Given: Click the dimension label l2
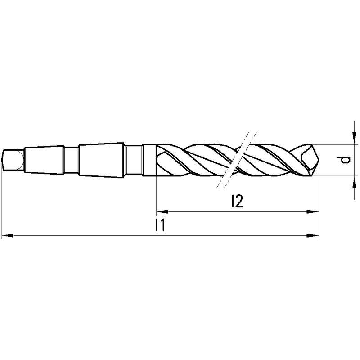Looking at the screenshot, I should [x=236, y=202].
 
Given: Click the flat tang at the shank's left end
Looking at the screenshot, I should [x=11, y=160].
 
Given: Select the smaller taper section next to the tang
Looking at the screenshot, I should [x=43, y=160].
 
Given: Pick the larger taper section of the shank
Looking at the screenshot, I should [x=100, y=160].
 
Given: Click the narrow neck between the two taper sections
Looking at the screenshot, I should [x=70, y=160].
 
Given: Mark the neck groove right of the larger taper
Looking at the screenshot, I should [x=133, y=160].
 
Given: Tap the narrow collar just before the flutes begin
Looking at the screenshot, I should [x=149, y=160].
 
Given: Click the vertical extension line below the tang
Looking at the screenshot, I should [x=2, y=202].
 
